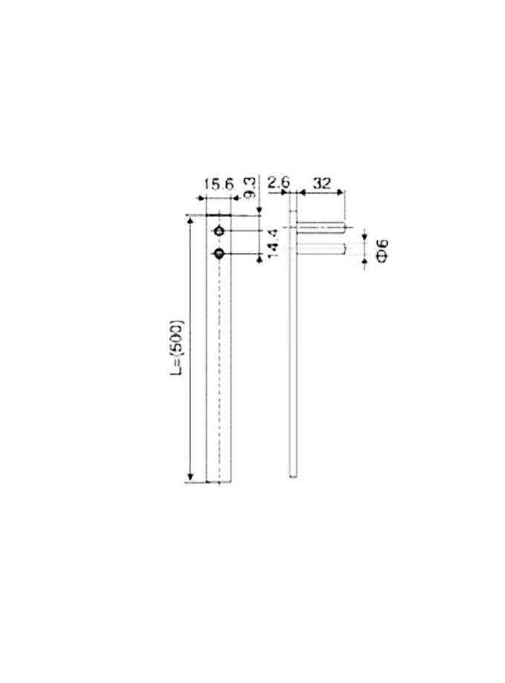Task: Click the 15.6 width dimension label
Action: pos(219,184)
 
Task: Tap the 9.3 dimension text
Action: pos(250,187)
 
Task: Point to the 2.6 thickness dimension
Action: pos(278,182)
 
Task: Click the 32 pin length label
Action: pos(322,183)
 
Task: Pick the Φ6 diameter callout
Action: pos(382,251)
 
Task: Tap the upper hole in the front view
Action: pos(219,231)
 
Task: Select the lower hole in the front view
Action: pos(219,253)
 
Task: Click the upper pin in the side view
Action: pos(321,227)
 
